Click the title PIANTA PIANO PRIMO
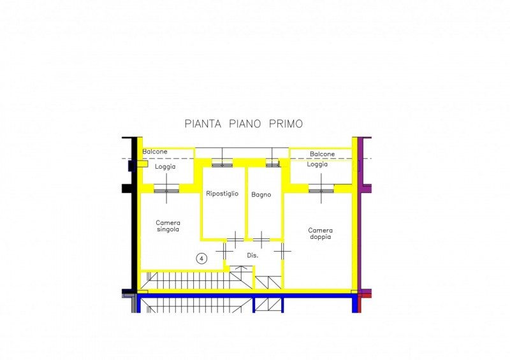tap(244, 124)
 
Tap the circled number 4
tap(201, 259)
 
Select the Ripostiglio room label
tap(222, 194)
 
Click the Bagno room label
tap(261, 195)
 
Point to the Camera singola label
tap(168, 226)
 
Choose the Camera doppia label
tap(321, 233)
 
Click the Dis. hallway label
tap(252, 256)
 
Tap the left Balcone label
tap(155, 152)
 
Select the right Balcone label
tap(322, 154)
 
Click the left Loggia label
tap(165, 166)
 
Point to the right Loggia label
tap(317, 164)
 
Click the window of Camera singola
tap(166, 189)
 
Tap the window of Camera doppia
tap(321, 189)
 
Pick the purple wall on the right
tap(360, 215)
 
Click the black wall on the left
tap(134, 215)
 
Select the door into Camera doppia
tap(282, 251)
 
